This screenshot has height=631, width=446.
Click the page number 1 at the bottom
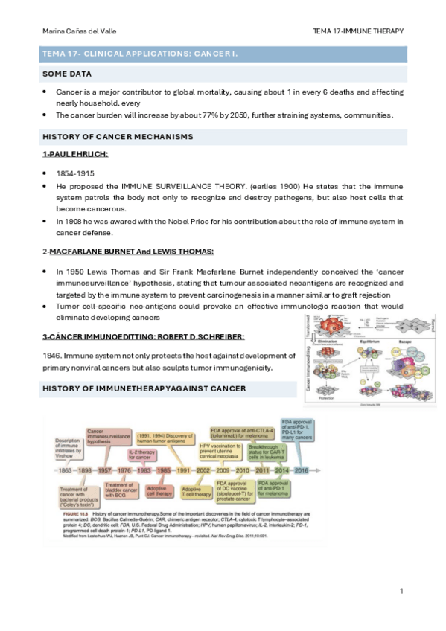click(401, 592)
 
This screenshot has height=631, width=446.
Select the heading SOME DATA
click(67, 74)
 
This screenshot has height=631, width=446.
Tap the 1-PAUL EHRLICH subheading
click(75, 153)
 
